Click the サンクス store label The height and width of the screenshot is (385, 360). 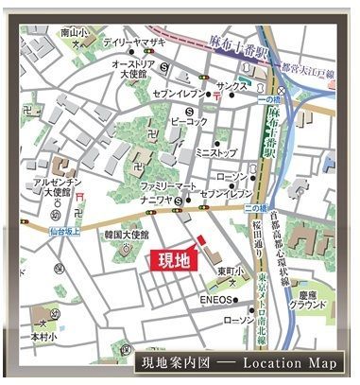[x=232, y=85]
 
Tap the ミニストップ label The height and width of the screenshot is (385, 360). [x=214, y=151]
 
